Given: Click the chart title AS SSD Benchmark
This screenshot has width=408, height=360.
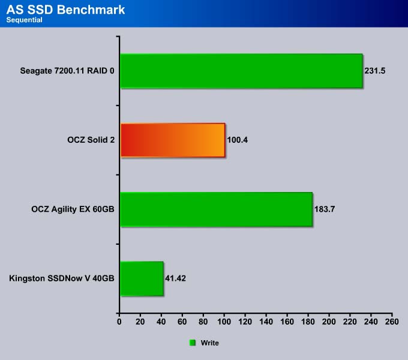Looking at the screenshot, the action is [x=65, y=10].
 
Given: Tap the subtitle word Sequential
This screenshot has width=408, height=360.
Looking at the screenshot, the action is [x=24, y=20].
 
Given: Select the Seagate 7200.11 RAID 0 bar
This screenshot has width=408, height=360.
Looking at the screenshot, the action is [x=241, y=71].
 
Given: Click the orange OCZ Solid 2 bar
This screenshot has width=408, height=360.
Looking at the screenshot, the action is [x=173, y=140].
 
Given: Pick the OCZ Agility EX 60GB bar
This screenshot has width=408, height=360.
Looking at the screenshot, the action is [x=217, y=209].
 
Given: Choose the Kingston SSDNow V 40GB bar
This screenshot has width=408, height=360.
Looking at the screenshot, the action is [x=142, y=278].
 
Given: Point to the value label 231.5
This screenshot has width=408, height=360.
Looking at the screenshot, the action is [x=374, y=71].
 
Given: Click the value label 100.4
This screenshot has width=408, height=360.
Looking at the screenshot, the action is [x=238, y=140].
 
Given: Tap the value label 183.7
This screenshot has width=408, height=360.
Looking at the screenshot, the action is [x=325, y=209].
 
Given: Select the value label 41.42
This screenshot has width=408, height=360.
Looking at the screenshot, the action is [x=175, y=278].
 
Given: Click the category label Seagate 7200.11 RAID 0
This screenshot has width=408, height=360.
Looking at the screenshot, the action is [x=67, y=71].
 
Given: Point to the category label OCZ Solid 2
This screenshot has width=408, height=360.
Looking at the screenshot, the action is [x=91, y=140].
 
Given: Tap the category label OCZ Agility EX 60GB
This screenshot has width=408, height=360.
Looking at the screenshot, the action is [x=73, y=209].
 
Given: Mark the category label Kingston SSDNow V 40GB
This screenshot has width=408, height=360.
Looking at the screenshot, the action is [x=62, y=278].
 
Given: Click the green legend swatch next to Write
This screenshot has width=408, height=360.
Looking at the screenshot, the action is [x=192, y=343].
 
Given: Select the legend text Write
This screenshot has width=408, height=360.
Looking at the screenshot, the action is [x=210, y=343].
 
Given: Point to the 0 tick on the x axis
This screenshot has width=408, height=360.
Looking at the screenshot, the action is [x=119, y=322].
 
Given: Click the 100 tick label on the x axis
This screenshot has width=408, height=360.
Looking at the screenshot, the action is [x=224, y=322].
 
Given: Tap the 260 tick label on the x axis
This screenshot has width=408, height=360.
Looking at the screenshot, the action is [x=392, y=322].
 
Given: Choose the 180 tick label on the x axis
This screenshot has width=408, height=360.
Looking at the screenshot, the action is [x=308, y=322].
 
